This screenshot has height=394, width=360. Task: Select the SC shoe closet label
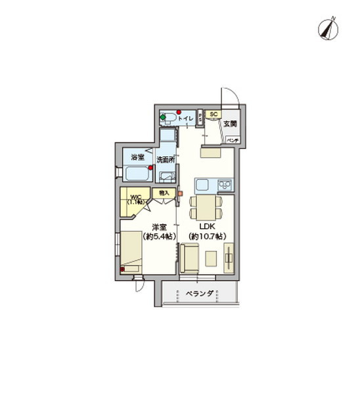coord(214,114)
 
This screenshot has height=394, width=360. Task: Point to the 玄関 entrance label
coord(229,123)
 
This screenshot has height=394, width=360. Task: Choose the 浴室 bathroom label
coord(137,158)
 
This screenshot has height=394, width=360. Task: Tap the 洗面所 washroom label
coord(166,160)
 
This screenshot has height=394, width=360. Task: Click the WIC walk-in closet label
coord(136,198)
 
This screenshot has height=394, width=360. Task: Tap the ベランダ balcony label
coord(198,294)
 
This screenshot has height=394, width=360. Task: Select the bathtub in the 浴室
coord(137,175)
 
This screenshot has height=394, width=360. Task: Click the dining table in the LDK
coord(206,209)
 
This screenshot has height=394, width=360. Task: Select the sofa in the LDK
coord(192,258)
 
